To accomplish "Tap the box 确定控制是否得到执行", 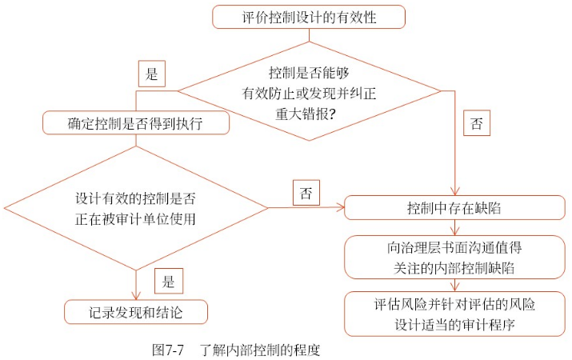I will pos(137,124).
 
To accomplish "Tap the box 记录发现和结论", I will pos(136,312).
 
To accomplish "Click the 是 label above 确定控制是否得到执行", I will pos(151,74).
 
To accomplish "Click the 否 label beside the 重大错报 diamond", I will pos(477,124).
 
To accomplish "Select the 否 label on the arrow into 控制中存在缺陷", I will pos(306,193).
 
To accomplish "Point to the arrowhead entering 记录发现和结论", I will pos(136,296).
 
